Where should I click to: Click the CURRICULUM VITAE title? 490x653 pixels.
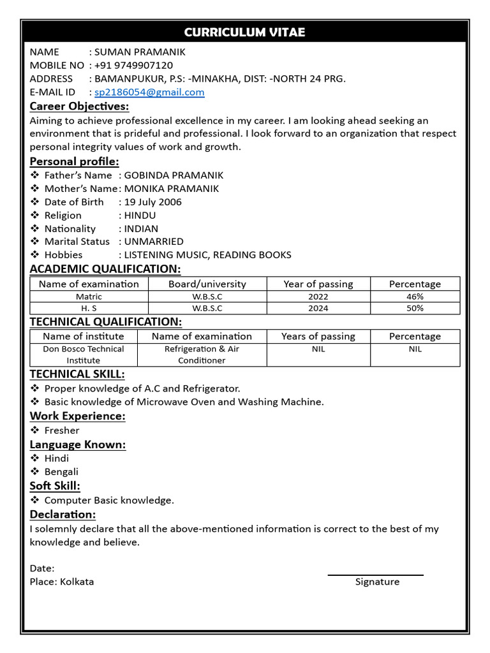[245, 32]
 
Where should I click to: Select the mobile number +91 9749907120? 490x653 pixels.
[133, 65]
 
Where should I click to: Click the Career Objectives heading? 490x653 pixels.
[79, 106]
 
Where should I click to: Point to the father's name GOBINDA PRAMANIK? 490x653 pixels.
[174, 175]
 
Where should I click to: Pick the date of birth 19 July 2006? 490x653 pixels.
[152, 202]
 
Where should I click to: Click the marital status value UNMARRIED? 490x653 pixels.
[154, 241]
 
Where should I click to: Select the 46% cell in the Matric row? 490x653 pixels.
[415, 297]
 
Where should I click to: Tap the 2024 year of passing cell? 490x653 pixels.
[318, 308]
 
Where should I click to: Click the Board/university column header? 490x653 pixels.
[207, 284]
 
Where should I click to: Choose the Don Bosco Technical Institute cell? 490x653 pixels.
[84, 355]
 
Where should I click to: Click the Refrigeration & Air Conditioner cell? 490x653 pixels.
[202, 355]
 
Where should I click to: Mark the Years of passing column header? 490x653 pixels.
[318, 336]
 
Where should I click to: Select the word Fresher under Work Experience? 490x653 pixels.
[62, 430]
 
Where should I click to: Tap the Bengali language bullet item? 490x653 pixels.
[61, 472]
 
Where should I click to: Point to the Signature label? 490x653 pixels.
[377, 582]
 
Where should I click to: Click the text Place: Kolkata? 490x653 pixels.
[62, 582]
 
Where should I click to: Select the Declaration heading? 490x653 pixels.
[63, 514]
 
